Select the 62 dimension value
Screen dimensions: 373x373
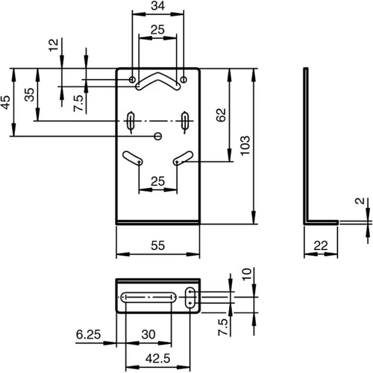point(222,115)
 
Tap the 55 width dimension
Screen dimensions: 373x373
point(158,245)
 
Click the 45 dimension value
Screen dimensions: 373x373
point(5,103)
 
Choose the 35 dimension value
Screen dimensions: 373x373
point(28,95)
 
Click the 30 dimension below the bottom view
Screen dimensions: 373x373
point(148,333)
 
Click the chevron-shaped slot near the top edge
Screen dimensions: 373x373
point(157,81)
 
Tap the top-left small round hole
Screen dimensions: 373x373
point(132,78)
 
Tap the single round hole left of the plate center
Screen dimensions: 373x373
point(157,136)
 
